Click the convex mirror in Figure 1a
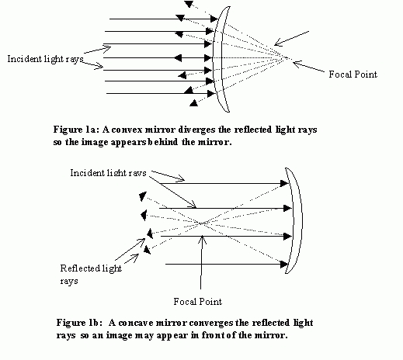[x=217, y=58]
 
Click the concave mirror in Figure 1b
[x=297, y=220]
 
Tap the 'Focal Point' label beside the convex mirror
[x=353, y=74]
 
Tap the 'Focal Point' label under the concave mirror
[x=198, y=302]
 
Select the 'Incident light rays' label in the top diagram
[x=45, y=59]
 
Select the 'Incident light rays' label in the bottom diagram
[x=108, y=173]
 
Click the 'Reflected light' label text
[x=91, y=268]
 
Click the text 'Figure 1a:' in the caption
[x=76, y=130]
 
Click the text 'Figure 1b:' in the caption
[x=80, y=323]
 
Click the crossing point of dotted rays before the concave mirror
[x=202, y=223]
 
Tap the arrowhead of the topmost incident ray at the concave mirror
[x=284, y=183]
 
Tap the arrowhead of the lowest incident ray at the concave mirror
[x=284, y=264]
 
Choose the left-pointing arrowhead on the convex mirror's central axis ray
[x=178, y=57]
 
